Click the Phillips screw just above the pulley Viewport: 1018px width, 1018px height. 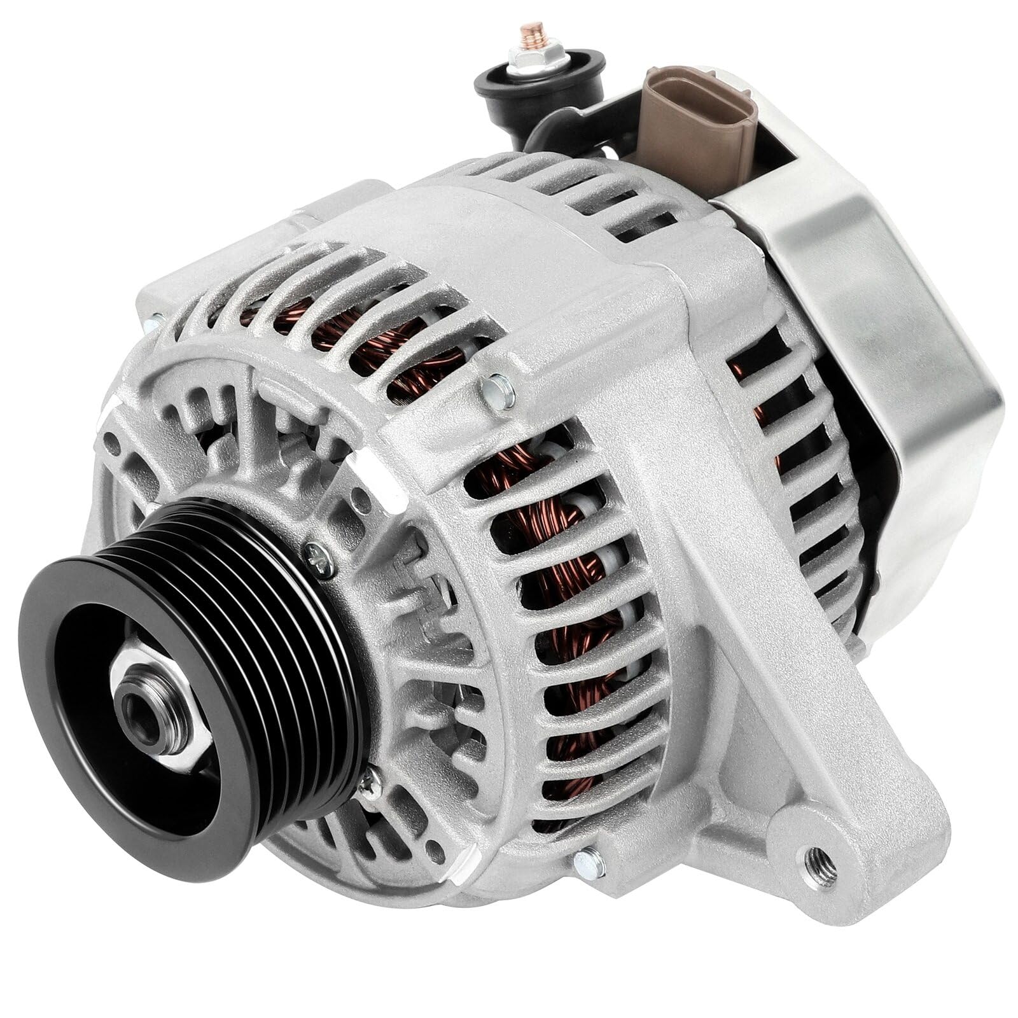point(319,556)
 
